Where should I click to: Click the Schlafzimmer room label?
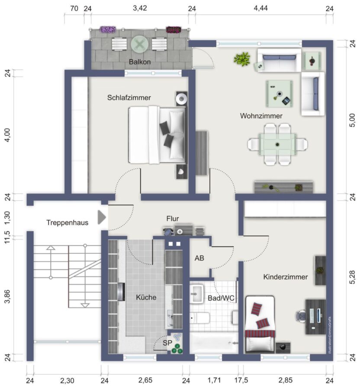pyautogui.click(x=129, y=98)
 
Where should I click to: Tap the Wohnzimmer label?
pyautogui.click(x=261, y=116)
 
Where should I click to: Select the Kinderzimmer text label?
pyautogui.click(x=286, y=277)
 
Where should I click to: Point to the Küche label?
pyautogui.click(x=146, y=297)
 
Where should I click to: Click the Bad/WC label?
pyautogui.click(x=221, y=298)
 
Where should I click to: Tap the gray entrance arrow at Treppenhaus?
pyautogui.click(x=101, y=217)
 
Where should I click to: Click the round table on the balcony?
pyautogui.click(x=139, y=45)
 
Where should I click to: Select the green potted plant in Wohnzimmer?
pyautogui.click(x=241, y=59)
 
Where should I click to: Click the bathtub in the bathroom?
pyautogui.click(x=214, y=343)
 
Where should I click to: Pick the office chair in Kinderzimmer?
pyautogui.click(x=300, y=316)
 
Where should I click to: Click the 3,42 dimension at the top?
pyautogui.click(x=140, y=8)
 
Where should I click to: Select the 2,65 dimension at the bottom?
pyautogui.click(x=145, y=380)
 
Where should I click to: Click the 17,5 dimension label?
pyautogui.click(x=241, y=380)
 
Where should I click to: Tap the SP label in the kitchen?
pyautogui.click(x=167, y=343)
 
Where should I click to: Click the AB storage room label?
pyautogui.click(x=199, y=258)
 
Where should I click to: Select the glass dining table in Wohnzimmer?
pyautogui.click(x=277, y=144)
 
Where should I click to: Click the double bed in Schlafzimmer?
pyautogui.click(x=157, y=135)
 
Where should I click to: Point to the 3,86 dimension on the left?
pyautogui.click(x=7, y=296)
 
